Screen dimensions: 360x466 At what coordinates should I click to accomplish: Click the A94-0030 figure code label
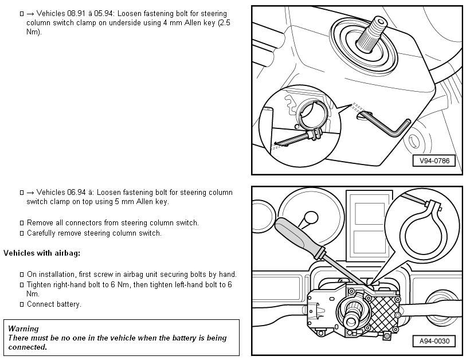coord(434,342)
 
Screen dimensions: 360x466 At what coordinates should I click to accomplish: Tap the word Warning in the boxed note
coord(24,328)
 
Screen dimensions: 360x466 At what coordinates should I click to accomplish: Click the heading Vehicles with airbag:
coord(42,253)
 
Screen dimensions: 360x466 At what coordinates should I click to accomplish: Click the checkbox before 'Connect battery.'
coord(22,304)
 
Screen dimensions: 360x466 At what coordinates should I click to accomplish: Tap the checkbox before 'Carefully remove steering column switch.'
coord(22,233)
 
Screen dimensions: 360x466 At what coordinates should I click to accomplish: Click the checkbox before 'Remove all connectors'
coord(22,223)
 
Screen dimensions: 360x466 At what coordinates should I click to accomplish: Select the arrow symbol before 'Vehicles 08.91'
coord(30,13)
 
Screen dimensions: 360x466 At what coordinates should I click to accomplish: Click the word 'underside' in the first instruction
coord(136,22)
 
